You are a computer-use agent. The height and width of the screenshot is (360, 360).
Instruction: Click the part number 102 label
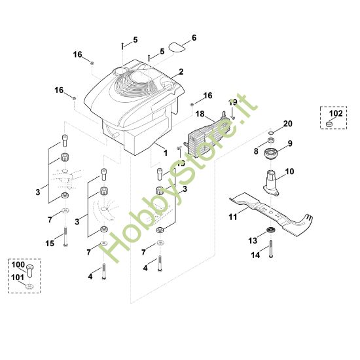point(335,113)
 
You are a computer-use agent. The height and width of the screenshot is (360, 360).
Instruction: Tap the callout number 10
point(289,171)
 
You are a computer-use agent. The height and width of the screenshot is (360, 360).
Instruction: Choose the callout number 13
point(253,241)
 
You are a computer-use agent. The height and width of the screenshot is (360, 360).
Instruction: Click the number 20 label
point(288,124)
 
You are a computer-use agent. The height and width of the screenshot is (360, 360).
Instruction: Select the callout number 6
point(193,37)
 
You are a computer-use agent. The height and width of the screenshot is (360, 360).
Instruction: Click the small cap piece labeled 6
point(175,46)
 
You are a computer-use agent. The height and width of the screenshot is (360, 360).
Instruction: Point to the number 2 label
point(180,71)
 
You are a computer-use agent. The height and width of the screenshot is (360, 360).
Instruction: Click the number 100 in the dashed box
point(18,265)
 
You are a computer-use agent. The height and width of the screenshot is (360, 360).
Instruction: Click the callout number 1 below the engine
point(166,152)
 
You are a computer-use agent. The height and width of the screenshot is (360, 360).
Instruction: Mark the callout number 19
point(233,102)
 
